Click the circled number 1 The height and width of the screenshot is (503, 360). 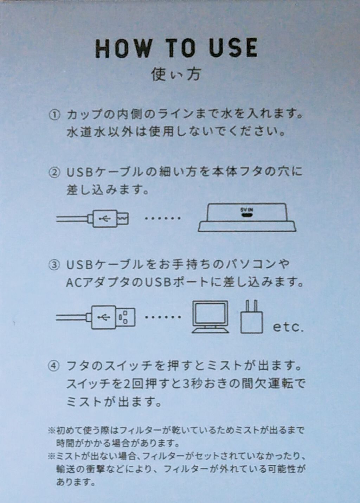(54, 115)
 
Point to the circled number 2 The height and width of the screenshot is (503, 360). (54, 173)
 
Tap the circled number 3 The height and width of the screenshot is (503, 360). (54, 265)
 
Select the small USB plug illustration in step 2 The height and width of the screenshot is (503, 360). (92, 218)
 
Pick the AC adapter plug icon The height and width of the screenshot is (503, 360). (252, 316)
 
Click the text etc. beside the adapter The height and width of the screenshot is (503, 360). (288, 327)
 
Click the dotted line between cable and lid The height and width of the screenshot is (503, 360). (162, 218)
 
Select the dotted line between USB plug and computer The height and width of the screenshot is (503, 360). (163, 317)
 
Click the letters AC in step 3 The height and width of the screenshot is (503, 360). (73, 283)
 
